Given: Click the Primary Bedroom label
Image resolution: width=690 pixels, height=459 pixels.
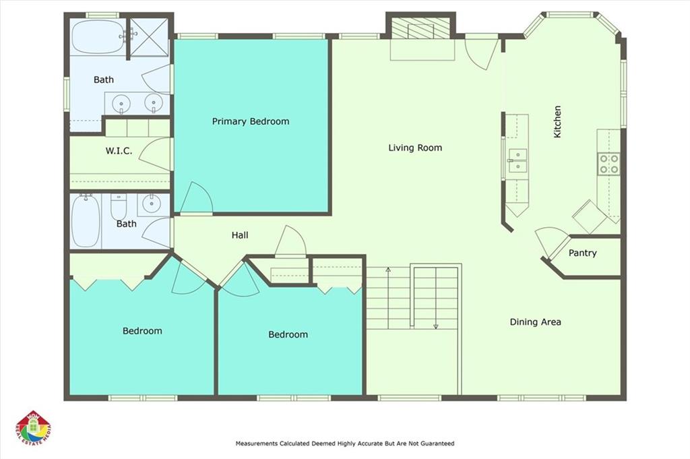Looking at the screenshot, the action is [x=251, y=121].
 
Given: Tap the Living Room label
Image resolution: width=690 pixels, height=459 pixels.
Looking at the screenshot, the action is [x=415, y=148].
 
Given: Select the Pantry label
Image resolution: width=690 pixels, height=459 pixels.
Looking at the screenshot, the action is [x=583, y=253].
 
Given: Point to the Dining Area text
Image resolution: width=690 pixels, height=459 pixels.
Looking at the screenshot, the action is [x=535, y=322].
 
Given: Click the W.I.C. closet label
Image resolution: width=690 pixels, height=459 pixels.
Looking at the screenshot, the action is [x=119, y=151].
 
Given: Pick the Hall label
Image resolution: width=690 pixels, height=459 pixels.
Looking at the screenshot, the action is [x=240, y=235].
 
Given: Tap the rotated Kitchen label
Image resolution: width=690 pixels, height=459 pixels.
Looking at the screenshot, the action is [x=557, y=122].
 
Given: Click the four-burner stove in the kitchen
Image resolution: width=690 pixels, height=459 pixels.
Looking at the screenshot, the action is [x=609, y=164].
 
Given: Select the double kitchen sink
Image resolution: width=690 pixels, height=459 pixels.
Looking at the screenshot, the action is [x=517, y=160].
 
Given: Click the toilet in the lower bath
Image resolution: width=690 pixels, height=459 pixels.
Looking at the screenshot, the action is [x=119, y=206].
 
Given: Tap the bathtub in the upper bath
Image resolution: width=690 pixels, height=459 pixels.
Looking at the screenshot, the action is [x=97, y=36].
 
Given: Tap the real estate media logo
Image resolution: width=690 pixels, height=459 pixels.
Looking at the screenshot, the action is [x=34, y=429].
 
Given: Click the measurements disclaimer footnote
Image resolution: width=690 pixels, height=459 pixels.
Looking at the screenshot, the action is [x=345, y=443].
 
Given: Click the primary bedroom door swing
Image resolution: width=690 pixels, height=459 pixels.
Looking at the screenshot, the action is [x=197, y=198].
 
